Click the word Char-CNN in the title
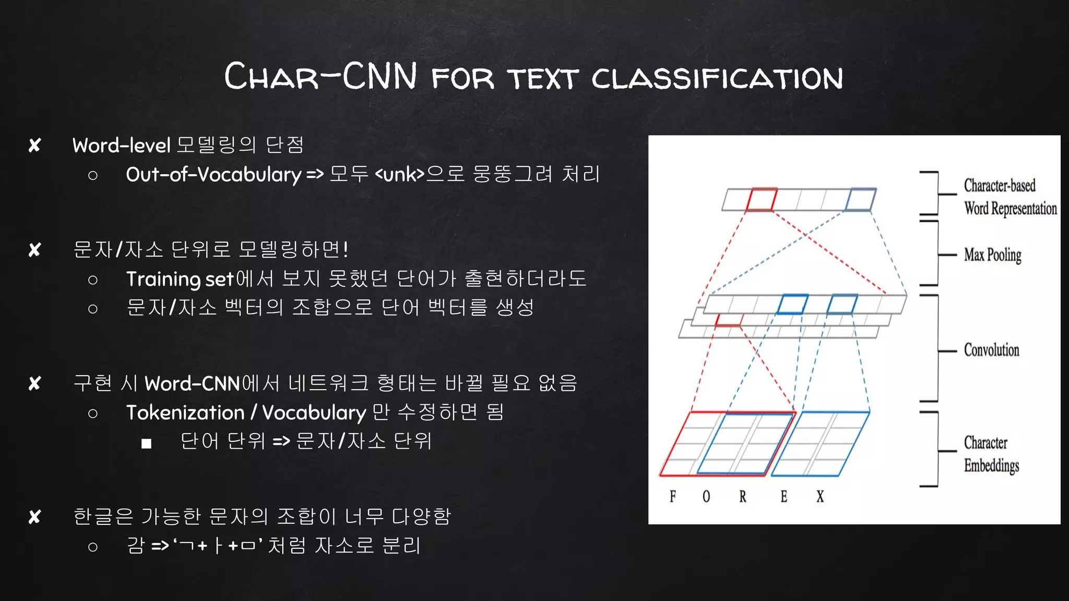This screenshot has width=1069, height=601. (320, 77)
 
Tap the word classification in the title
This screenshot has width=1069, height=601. (717, 78)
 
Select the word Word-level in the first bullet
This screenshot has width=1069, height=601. (121, 146)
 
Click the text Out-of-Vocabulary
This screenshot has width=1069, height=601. (213, 174)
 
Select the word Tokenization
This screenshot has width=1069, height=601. (185, 413)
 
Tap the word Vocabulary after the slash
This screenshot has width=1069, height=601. (314, 413)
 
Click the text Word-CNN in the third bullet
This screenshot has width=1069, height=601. (192, 384)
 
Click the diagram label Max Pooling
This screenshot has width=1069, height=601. (992, 255)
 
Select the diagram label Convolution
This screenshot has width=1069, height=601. (991, 350)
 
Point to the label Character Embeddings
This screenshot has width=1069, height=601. (991, 454)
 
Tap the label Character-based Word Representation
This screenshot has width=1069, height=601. (1009, 197)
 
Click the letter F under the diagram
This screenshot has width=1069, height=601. (673, 496)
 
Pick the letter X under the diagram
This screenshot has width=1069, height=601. (820, 496)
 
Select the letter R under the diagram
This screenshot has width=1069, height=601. (743, 496)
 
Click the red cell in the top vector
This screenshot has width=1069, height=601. (761, 200)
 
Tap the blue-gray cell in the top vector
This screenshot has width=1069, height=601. (860, 200)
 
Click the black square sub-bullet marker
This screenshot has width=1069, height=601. (146, 443)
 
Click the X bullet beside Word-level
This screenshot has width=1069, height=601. (35, 146)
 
